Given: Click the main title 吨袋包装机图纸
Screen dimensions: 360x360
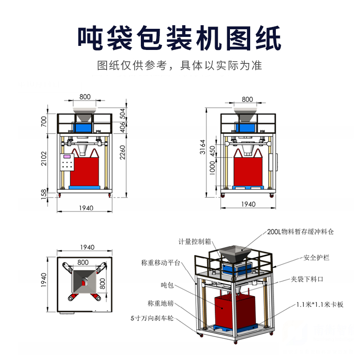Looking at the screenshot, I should (x=180, y=38).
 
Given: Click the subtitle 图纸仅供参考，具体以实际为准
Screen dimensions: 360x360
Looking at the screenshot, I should (x=180, y=66).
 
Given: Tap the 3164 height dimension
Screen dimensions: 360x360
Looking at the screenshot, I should (x=202, y=148).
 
